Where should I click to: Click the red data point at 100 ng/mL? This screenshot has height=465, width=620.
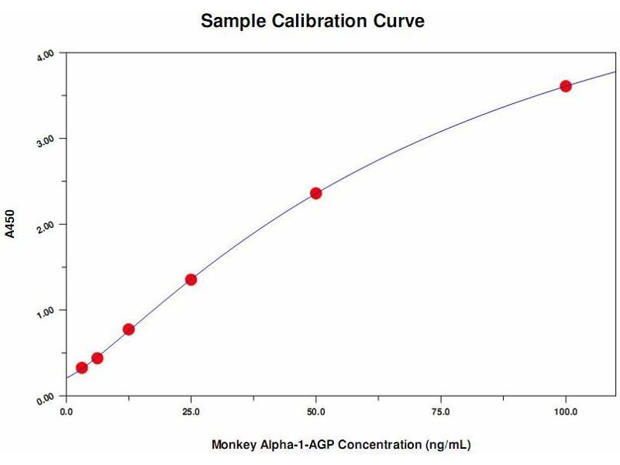click(566, 86)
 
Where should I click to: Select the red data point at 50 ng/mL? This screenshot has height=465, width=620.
click(316, 193)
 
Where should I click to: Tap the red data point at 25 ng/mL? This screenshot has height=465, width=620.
click(191, 279)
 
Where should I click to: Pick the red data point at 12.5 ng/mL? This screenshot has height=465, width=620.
click(129, 329)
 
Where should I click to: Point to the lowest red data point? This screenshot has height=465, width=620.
click(81, 367)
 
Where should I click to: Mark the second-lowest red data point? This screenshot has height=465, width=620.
click(97, 358)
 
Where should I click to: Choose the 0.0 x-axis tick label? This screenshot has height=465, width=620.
click(67, 411)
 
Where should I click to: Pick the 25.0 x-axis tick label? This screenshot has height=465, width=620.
click(191, 411)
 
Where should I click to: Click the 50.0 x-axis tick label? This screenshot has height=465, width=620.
click(315, 411)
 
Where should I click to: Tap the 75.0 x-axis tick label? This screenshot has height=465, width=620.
click(440, 411)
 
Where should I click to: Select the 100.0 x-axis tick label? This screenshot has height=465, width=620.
click(565, 411)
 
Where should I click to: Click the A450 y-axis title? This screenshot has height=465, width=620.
click(10, 222)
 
